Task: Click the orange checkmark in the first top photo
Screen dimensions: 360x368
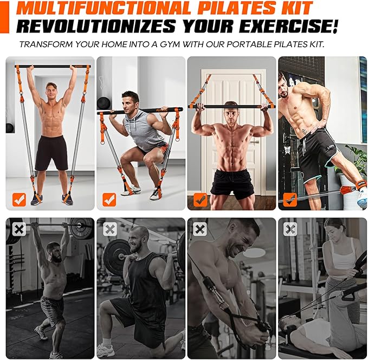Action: tap(19, 200)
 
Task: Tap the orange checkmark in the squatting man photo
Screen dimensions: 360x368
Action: tap(109, 200)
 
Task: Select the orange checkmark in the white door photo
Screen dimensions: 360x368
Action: tap(200, 200)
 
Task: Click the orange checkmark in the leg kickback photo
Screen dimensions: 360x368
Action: tap(290, 200)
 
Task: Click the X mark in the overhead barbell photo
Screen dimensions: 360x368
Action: tap(19, 229)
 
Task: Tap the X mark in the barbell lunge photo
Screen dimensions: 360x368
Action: tap(109, 229)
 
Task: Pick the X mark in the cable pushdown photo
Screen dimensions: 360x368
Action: tap(200, 229)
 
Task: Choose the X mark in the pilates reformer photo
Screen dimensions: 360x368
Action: tap(290, 229)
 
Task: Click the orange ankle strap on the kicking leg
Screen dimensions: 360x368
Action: tap(347, 190)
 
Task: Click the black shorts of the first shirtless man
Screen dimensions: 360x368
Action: tap(51, 152)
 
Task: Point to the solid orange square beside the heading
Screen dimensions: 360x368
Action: tap(5, 16)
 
